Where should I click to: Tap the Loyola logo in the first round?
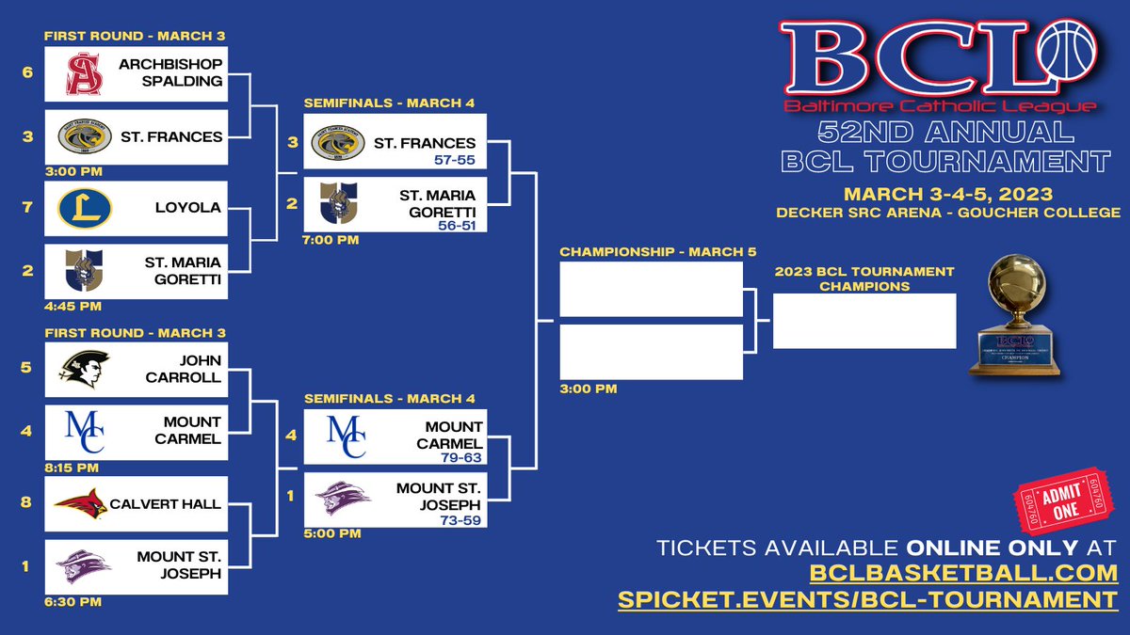click(x=84, y=208)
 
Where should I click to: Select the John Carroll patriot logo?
click(x=84, y=367)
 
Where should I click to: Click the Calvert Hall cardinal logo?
click(x=82, y=504)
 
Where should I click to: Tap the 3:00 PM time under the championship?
click(x=589, y=389)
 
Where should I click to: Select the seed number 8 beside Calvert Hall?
click(x=27, y=502)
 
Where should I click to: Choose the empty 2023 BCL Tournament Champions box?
click(x=864, y=321)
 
